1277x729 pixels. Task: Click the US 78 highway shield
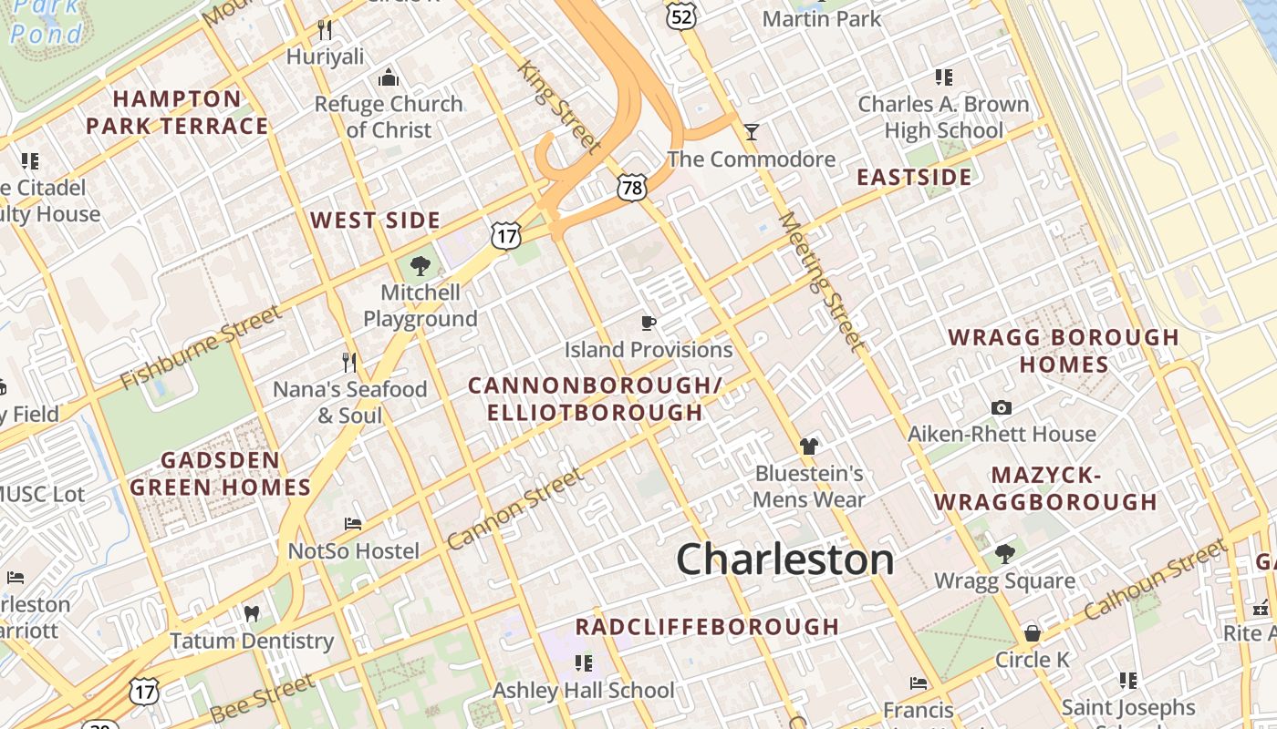pos(630,188)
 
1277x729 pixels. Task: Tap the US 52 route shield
pos(680,15)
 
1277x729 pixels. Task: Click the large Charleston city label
pos(784,560)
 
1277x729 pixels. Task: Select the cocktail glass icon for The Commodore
pos(752,132)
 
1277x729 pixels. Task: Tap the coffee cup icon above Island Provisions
pos(648,323)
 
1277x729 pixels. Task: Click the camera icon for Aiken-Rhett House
pos(1002,407)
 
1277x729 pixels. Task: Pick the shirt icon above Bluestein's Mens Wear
pos(808,447)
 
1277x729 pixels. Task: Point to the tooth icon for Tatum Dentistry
pos(252,613)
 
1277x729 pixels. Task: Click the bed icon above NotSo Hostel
pos(353,524)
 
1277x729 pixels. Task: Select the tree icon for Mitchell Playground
pos(420,266)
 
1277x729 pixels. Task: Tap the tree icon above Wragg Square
pos(1004,553)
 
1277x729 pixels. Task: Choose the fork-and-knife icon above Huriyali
pos(325,29)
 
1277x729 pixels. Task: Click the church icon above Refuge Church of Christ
pos(389,77)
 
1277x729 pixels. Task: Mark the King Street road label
pos(560,107)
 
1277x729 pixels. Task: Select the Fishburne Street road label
pos(202,346)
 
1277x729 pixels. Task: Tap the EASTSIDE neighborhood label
pos(914,177)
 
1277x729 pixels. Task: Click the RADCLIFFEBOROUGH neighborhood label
pos(707,626)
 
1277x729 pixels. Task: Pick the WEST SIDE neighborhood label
pos(375,221)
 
